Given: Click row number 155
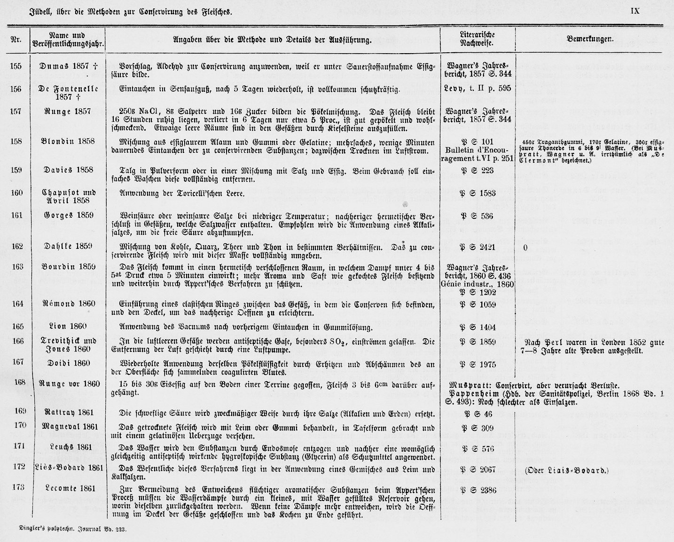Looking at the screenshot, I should click(16, 66).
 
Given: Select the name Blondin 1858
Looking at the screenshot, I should click(68, 141).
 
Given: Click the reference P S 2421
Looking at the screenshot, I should click(477, 246).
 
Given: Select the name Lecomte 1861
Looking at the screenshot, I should click(68, 488).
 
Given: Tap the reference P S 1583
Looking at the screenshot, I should click(477, 192).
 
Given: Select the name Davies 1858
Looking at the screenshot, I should click(68, 170).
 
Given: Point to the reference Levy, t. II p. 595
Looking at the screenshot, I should click(477, 88).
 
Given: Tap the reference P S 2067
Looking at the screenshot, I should click(477, 470).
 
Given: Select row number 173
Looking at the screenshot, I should click(17, 487).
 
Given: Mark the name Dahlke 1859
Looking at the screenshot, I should click(68, 246).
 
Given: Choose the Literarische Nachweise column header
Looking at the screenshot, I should click(477, 39).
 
